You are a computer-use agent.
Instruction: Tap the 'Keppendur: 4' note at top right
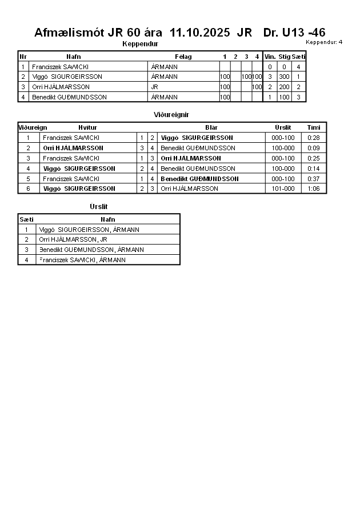[x=324, y=42]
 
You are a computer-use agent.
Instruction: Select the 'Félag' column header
[x=183, y=57]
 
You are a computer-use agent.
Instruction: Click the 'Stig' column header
[x=284, y=57]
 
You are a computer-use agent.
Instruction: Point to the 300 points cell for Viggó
[x=284, y=77]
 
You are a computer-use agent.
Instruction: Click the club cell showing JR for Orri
[x=154, y=87]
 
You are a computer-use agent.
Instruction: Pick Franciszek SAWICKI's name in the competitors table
[x=60, y=67]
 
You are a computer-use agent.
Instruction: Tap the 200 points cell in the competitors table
[x=284, y=87]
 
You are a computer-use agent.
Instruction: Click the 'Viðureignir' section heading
[x=171, y=115]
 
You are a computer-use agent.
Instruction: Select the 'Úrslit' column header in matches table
[x=283, y=127]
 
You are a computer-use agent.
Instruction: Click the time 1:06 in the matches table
[x=314, y=189]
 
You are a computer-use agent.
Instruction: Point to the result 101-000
[x=283, y=189]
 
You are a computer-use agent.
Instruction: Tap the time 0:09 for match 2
[x=314, y=148]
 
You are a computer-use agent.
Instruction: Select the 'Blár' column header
[x=211, y=127]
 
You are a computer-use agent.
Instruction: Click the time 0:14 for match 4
[x=314, y=169]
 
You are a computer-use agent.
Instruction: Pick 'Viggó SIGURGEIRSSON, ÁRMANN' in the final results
[x=89, y=230]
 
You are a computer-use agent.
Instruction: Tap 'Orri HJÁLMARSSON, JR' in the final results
[x=73, y=239]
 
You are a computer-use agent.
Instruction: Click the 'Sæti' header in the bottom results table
[x=26, y=219]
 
